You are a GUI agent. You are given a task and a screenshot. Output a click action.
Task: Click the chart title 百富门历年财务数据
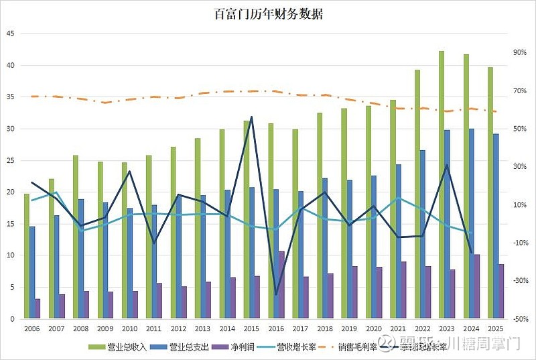pyautogui.click(x=268, y=13)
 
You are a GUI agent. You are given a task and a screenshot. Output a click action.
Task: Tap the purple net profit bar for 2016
pyautogui.click(x=281, y=285)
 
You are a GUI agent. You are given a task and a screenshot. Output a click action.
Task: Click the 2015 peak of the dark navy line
pyautogui.click(x=251, y=117)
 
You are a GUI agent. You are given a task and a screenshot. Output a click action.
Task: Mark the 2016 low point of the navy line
pyautogui.click(x=276, y=294)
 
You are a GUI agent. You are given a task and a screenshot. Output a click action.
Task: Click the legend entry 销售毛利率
pyautogui.click(x=362, y=347)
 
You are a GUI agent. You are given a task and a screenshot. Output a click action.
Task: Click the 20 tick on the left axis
pyautogui.click(x=11, y=192)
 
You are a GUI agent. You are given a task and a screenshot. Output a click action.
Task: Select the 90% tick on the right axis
pyautogui.click(x=520, y=52)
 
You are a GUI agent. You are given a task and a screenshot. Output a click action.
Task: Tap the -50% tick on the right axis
pyautogui.click(x=519, y=318)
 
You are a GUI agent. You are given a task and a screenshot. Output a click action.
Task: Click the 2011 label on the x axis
pyautogui.click(x=154, y=329)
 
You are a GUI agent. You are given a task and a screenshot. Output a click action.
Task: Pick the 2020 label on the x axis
pyautogui.click(x=374, y=329)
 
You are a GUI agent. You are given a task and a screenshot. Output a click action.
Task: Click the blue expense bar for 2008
pyautogui.click(x=80, y=259)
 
